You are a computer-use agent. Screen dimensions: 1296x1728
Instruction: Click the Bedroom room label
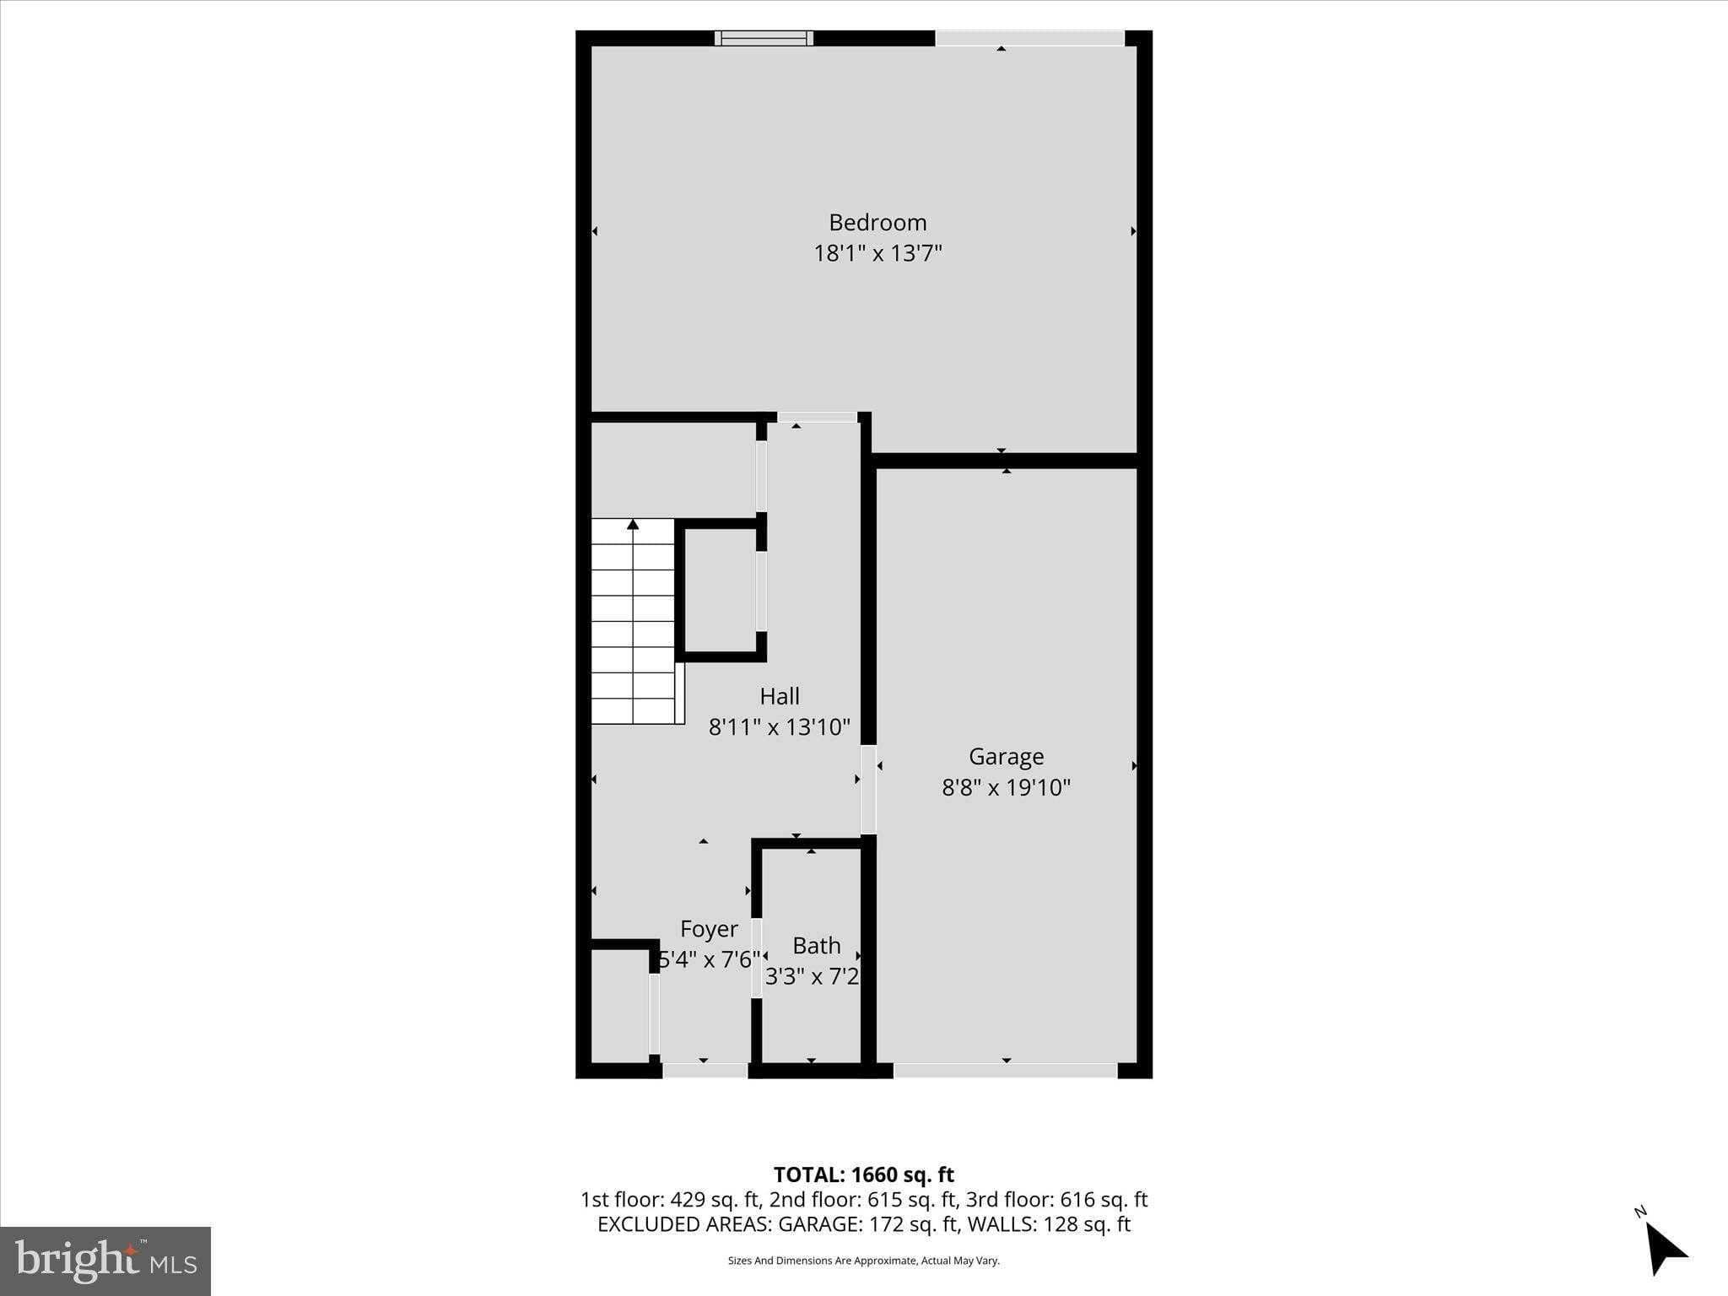click(x=877, y=223)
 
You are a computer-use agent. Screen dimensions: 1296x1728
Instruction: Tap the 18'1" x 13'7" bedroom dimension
click(x=877, y=253)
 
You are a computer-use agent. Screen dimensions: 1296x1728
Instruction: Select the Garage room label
click(x=1006, y=756)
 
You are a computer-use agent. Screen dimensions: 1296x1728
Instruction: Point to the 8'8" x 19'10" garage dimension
click(x=1006, y=787)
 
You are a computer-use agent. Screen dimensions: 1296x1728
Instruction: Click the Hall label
click(x=780, y=696)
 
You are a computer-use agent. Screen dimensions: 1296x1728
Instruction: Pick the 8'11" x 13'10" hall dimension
click(x=780, y=726)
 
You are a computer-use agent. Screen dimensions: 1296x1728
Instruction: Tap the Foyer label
click(x=709, y=929)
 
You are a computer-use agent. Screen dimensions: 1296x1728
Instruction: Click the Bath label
click(x=816, y=945)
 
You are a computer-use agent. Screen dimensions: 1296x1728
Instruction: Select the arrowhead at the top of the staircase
click(x=633, y=525)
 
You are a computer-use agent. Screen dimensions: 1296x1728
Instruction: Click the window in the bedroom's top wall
click(x=764, y=38)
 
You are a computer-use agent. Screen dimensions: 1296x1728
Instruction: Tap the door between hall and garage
click(x=868, y=790)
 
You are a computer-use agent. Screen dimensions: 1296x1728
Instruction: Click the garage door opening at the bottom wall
click(x=1005, y=1071)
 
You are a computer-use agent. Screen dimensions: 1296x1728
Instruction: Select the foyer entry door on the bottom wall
click(x=705, y=1071)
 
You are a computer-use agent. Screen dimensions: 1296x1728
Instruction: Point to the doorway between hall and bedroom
click(x=816, y=417)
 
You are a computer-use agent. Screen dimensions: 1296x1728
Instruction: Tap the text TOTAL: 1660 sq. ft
click(x=863, y=1174)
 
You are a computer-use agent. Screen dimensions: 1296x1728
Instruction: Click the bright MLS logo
click(x=105, y=1261)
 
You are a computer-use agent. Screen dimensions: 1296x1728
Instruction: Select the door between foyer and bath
click(x=757, y=958)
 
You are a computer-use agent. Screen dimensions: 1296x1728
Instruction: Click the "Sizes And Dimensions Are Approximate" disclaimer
click(x=863, y=1261)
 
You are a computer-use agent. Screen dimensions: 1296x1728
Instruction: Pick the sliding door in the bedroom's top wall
click(x=1029, y=38)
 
